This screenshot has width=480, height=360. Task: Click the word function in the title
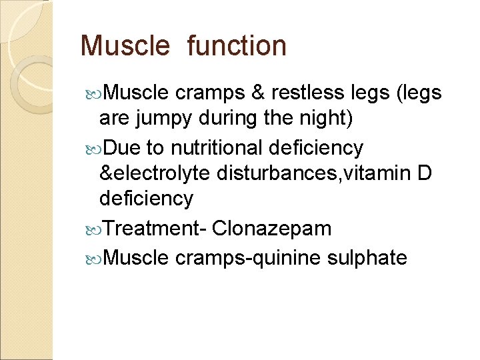pyautogui.click(x=237, y=46)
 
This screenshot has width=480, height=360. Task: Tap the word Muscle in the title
pyautogui.click(x=125, y=46)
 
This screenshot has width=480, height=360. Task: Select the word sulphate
pyautogui.click(x=367, y=257)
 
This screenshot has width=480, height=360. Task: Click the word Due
pyautogui.click(x=121, y=147)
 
